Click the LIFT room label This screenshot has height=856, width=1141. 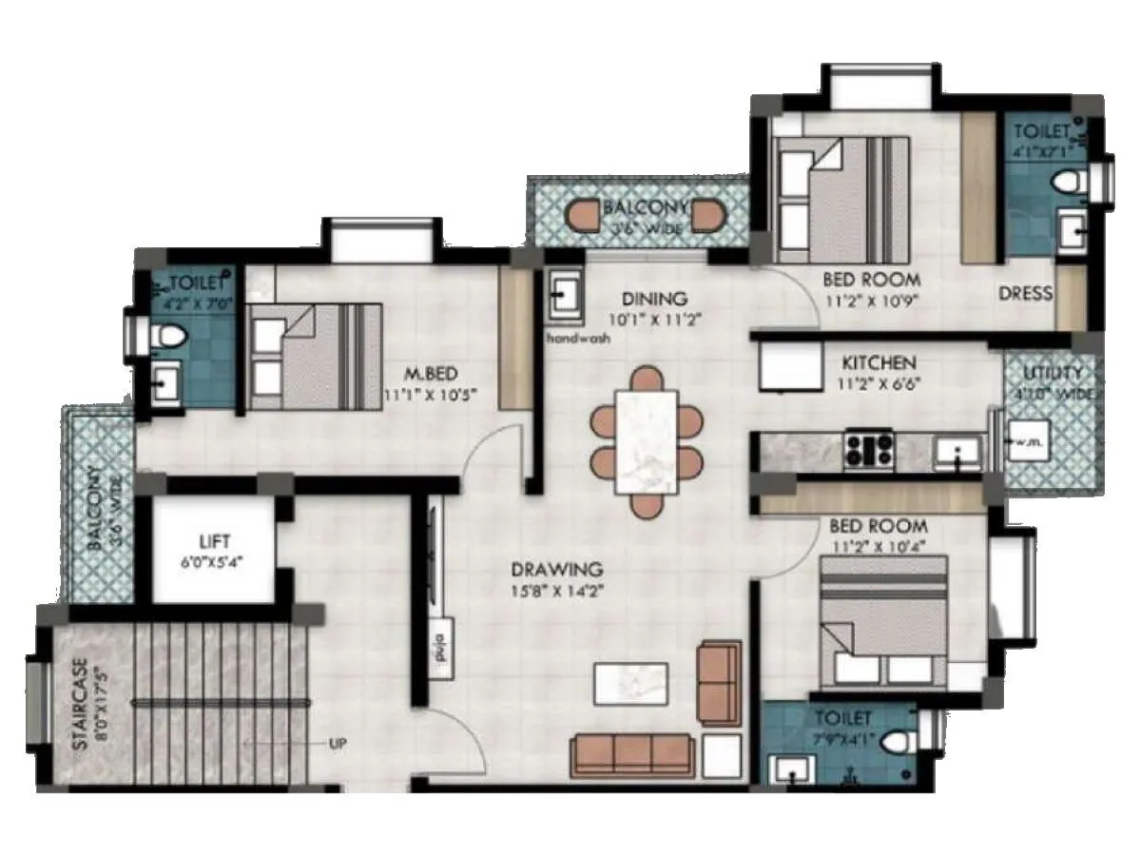pyautogui.click(x=214, y=540)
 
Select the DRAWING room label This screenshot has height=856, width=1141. pyautogui.click(x=557, y=570)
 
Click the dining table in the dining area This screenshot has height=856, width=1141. pyautogui.click(x=648, y=440)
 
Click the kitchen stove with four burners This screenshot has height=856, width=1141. pyautogui.click(x=869, y=449)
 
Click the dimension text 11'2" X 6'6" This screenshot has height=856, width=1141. pyautogui.click(x=880, y=384)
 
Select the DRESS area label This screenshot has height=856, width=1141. pyautogui.click(x=1025, y=293)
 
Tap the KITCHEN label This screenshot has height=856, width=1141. pyautogui.click(x=880, y=362)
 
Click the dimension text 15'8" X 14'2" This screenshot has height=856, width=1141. pyautogui.click(x=557, y=591)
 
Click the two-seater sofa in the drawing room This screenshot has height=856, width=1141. pyautogui.click(x=720, y=683)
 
